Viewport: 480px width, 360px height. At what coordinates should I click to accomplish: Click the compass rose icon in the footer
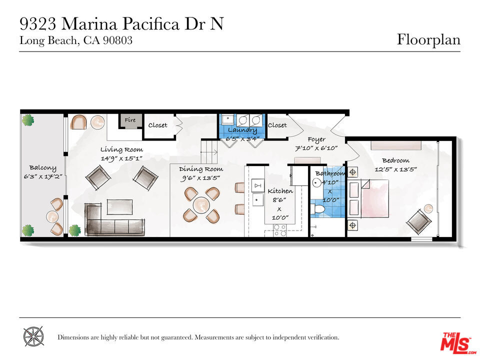33,336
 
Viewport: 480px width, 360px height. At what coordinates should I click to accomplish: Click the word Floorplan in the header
428,40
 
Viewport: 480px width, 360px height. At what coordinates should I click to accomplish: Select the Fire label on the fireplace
130,120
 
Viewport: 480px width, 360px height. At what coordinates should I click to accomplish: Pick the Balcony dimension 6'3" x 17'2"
43,176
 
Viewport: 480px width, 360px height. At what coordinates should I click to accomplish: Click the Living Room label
122,149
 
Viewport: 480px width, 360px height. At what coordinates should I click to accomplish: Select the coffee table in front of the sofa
119,207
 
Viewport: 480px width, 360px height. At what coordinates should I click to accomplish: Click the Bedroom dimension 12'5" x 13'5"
396,169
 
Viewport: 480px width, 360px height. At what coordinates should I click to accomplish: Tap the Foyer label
316,140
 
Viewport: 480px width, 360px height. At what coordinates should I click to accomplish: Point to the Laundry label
242,130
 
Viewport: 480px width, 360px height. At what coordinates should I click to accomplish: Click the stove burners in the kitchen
280,230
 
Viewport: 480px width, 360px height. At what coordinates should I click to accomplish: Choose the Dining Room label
201,169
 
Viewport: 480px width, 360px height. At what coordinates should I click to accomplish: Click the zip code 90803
117,40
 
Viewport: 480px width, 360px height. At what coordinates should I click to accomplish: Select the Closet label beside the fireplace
157,125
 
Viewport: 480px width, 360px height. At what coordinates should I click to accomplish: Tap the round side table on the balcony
52,216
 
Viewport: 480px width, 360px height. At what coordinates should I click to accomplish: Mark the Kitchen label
280,191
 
